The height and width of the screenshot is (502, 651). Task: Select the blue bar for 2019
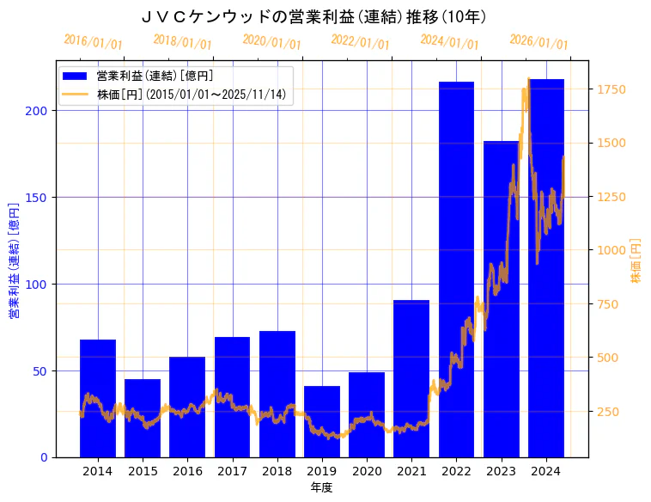(x=322, y=421)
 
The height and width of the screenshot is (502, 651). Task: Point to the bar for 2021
(x=411, y=378)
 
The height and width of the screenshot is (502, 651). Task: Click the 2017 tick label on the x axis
(x=232, y=471)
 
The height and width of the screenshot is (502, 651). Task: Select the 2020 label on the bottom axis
(x=367, y=471)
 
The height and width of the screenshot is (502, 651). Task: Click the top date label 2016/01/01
(x=94, y=42)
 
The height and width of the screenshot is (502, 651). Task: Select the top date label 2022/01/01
(x=361, y=42)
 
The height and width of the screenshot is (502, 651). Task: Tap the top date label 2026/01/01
(x=538, y=42)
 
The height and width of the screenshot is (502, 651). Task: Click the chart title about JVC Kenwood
(x=313, y=17)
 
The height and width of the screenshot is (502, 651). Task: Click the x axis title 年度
(x=321, y=487)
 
